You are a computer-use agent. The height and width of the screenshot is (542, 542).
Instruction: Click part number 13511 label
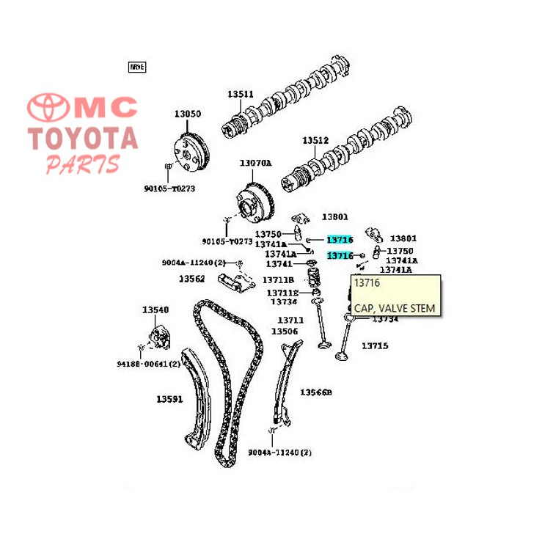point(240,95)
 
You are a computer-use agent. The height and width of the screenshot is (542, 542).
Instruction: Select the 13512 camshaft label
point(315,141)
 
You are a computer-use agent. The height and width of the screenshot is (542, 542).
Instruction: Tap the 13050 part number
point(187,114)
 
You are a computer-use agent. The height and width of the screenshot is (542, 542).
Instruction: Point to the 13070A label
point(254,163)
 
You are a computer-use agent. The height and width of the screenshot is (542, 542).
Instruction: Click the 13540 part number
point(155,310)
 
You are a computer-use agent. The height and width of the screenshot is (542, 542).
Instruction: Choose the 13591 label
point(169,400)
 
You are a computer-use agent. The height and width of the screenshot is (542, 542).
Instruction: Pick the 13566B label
point(316,393)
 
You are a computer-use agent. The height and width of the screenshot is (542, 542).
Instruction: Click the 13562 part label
point(192,279)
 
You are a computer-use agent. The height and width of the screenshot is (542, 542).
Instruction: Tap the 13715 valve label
point(374,345)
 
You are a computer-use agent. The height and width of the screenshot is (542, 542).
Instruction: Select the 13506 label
point(285,332)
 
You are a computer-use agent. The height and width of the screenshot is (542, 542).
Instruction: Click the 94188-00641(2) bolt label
point(148,364)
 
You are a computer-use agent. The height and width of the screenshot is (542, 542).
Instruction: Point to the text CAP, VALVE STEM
point(394,308)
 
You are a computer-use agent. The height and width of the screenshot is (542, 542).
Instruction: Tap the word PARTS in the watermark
point(82,164)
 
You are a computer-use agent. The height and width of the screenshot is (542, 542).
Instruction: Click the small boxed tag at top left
point(137,67)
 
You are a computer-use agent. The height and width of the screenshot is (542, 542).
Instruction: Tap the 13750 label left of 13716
point(268,234)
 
